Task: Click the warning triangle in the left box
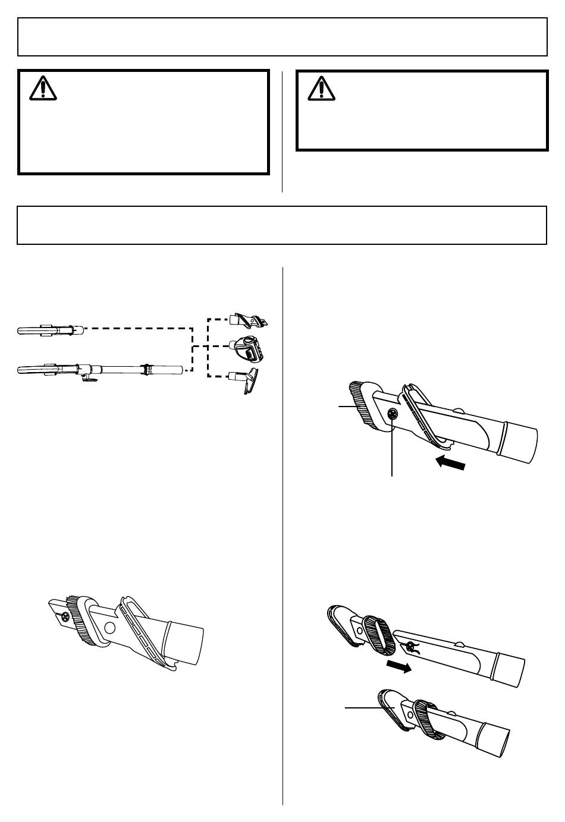pyautogui.click(x=42, y=89)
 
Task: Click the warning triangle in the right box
pyautogui.click(x=321, y=87)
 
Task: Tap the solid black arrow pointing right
pyautogui.click(x=398, y=667)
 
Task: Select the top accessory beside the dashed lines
pyautogui.click(x=249, y=320)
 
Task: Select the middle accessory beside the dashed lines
pyautogui.click(x=249, y=348)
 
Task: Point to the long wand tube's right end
pyautogui.click(x=180, y=370)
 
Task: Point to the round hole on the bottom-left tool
pyautogui.click(x=109, y=628)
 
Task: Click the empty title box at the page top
pyautogui.click(x=282, y=36)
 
